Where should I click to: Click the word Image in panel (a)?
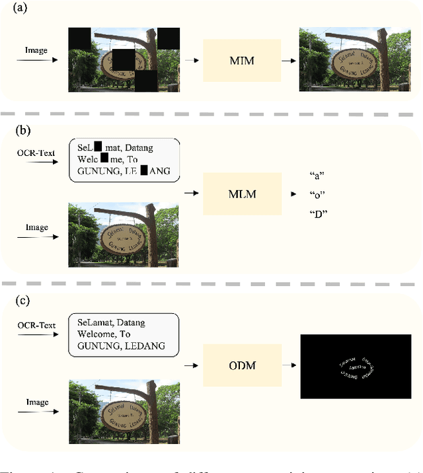(36, 50)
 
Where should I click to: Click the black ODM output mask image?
(356, 366)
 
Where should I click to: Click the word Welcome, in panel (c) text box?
(97, 334)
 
